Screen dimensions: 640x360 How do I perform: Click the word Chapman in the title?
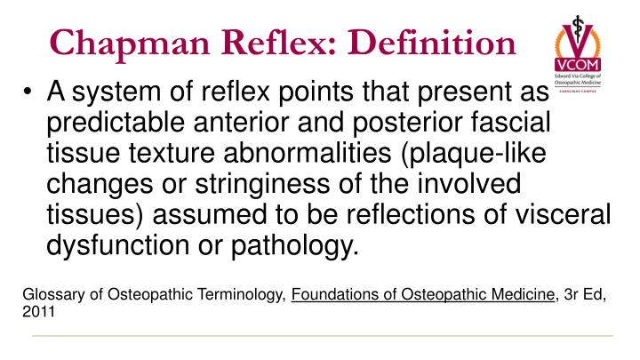click(x=130, y=44)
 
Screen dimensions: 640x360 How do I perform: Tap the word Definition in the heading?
click(x=432, y=42)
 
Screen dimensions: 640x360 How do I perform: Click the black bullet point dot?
click(x=28, y=92)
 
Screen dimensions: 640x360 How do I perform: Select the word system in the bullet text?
click(x=116, y=92)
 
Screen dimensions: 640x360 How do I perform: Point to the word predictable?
click(x=116, y=123)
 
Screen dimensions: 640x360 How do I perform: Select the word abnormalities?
click(x=308, y=153)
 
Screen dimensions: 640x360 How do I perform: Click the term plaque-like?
click(x=474, y=155)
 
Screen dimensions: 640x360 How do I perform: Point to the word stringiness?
click(x=261, y=184)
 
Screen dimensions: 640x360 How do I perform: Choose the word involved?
click(x=468, y=183)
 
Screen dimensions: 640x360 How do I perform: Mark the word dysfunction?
click(x=117, y=245)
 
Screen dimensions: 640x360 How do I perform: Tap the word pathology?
click(x=295, y=246)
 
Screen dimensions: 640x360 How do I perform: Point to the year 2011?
click(x=39, y=312)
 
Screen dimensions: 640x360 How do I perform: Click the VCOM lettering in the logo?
click(x=578, y=65)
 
